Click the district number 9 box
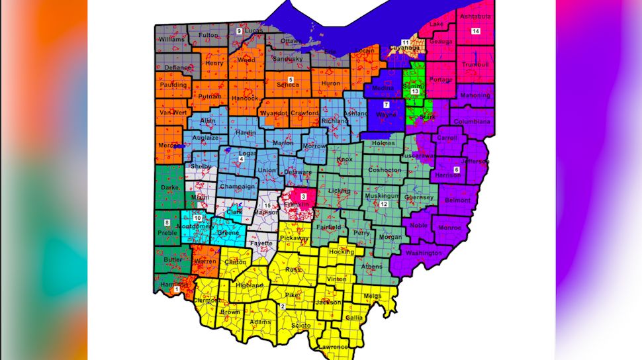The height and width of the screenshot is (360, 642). [x=239, y=31]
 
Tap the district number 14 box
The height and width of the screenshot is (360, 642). [x=475, y=31]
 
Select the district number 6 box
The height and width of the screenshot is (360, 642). [x=456, y=169]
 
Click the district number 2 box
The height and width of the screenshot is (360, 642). [x=283, y=306]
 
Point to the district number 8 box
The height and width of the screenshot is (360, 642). [x=167, y=222]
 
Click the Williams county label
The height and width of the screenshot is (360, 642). [x=171, y=39]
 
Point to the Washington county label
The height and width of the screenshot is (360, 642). [x=424, y=253]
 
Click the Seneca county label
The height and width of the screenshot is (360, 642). [x=287, y=85]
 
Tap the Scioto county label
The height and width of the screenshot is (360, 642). [x=299, y=326]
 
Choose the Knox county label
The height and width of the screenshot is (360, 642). [x=345, y=159]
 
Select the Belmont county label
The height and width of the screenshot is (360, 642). [x=457, y=200]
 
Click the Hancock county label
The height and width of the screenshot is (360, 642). [x=246, y=99]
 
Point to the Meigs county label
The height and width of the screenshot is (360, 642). [x=373, y=296]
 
